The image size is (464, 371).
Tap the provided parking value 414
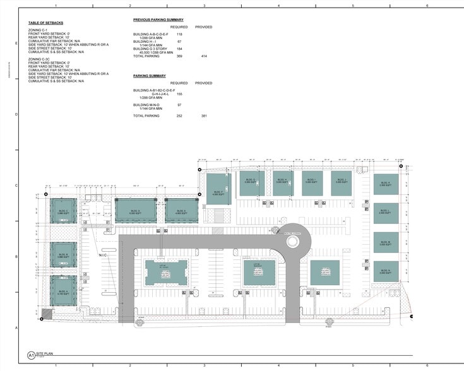(204, 56)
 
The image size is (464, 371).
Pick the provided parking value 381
(204, 115)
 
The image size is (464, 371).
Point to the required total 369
(179, 56)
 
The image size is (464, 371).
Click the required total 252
(179, 115)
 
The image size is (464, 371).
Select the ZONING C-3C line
(40, 59)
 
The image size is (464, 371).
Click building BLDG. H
(282, 182)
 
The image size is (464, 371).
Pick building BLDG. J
(342, 182)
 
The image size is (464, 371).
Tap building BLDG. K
(385, 185)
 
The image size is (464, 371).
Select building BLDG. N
(385, 271)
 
